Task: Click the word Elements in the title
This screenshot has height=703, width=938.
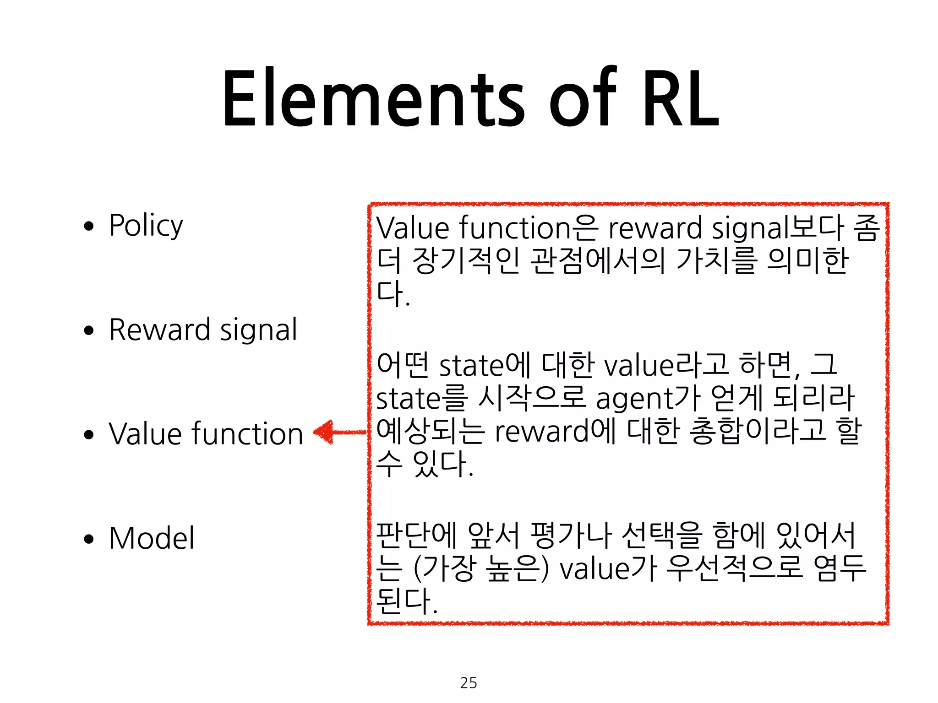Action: [x=373, y=98]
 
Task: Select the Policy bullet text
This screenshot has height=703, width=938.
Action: [x=146, y=226]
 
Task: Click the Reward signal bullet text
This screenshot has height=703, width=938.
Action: [x=203, y=330]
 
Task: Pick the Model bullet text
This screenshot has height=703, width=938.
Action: [x=152, y=538]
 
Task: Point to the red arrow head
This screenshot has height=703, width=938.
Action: [x=323, y=432]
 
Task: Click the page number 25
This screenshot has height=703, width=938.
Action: [x=469, y=683]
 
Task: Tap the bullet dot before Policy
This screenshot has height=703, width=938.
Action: [x=89, y=226]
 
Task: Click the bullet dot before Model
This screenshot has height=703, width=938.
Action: [x=89, y=539]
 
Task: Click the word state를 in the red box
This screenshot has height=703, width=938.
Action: [x=421, y=398]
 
